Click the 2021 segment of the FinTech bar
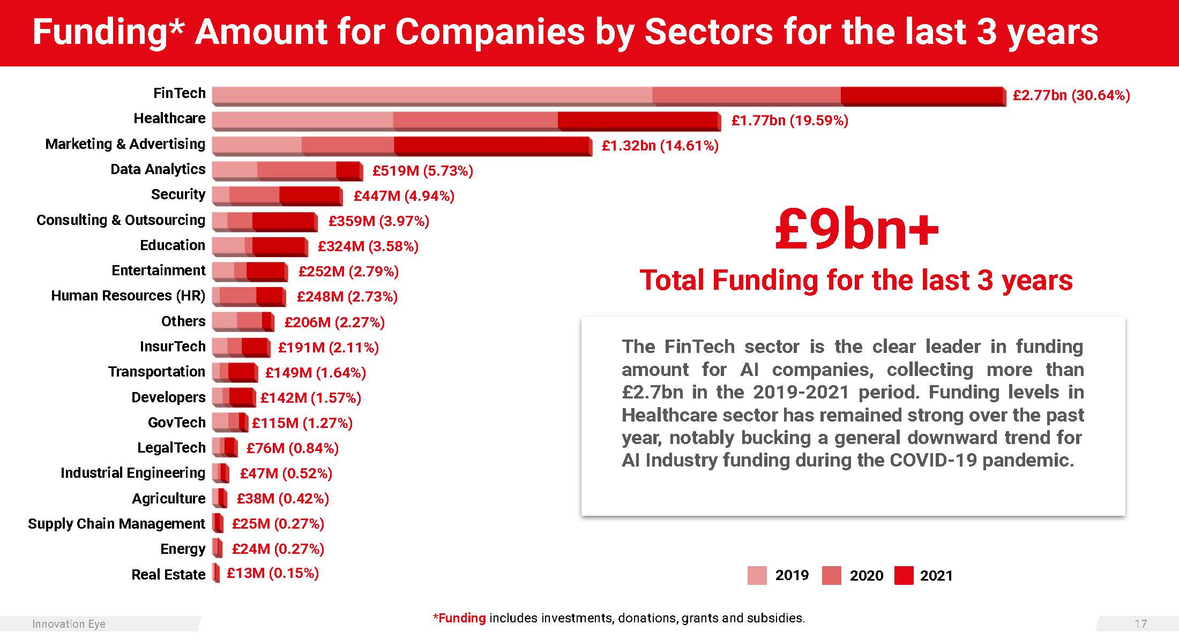pyautogui.click(x=922, y=95)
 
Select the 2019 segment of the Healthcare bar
pyautogui.click(x=303, y=121)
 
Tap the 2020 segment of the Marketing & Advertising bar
pyautogui.click(x=347, y=146)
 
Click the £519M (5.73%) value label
pyautogui.click(x=423, y=171)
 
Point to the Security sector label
pyautogui.click(x=178, y=194)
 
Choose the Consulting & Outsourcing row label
pyautogui.click(x=121, y=220)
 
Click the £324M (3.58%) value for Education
pyautogui.click(x=368, y=246)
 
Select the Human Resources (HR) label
pyautogui.click(x=128, y=296)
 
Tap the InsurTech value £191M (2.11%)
pyautogui.click(x=329, y=348)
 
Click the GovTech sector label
pyautogui.click(x=176, y=423)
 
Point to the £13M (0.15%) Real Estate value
pyautogui.click(x=273, y=573)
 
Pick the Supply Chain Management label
pyautogui.click(x=116, y=524)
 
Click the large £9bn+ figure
pyautogui.click(x=856, y=229)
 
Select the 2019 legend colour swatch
pyautogui.click(x=757, y=575)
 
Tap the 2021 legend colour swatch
pyautogui.click(x=904, y=575)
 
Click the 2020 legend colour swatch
pyautogui.click(x=831, y=575)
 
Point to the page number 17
pyautogui.click(x=1140, y=624)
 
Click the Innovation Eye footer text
pyautogui.click(x=69, y=624)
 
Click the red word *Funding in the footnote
pyautogui.click(x=459, y=618)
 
